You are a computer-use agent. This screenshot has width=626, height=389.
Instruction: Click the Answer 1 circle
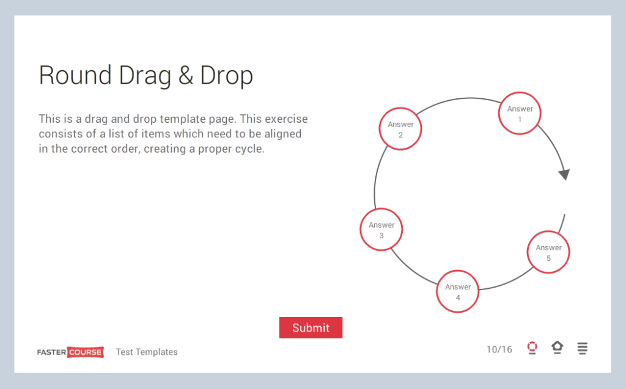point(520,114)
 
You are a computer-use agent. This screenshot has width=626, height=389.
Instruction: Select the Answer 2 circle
point(400,129)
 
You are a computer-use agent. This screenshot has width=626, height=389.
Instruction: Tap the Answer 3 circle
point(381,230)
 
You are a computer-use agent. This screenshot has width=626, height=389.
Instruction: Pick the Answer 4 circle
point(457,292)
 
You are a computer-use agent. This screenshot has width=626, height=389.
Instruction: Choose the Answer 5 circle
point(548,252)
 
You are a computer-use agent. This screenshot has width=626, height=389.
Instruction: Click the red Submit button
point(311,327)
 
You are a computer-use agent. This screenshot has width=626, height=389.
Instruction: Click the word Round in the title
point(75,76)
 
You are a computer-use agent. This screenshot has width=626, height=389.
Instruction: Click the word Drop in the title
point(227,76)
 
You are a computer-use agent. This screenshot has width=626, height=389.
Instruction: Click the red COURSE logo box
point(86,352)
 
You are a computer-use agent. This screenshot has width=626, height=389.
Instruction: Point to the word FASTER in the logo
point(52,352)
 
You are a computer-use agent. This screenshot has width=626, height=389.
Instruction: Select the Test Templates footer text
point(147,352)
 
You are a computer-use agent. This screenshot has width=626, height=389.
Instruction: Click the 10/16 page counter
point(499,349)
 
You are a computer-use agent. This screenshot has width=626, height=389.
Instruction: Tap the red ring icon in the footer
point(532,347)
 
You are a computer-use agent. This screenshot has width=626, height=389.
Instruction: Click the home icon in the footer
point(557,347)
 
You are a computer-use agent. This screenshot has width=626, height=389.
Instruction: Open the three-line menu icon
point(582,348)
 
